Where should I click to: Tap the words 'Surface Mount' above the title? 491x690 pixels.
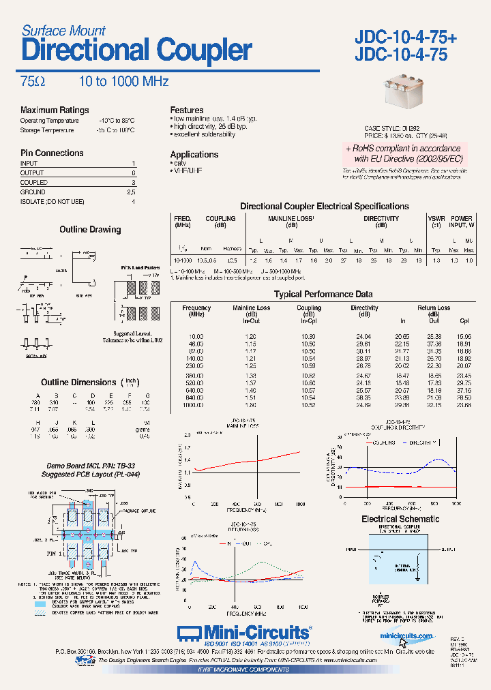click(x=63, y=31)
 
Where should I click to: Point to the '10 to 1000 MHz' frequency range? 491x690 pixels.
click(x=123, y=81)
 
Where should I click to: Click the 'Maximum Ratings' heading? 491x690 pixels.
click(x=55, y=110)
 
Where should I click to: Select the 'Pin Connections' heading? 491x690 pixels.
click(x=52, y=153)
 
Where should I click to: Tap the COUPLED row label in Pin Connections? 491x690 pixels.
click(x=34, y=183)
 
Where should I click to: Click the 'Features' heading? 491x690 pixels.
click(x=187, y=110)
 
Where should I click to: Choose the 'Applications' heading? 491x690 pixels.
click(x=194, y=154)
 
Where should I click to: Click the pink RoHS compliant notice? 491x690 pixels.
click(x=402, y=153)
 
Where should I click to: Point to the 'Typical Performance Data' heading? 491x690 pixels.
click(x=323, y=295)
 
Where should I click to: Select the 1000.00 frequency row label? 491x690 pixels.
click(x=197, y=404)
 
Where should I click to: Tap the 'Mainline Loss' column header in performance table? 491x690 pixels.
click(x=252, y=308)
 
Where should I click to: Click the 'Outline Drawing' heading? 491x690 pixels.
click(x=90, y=230)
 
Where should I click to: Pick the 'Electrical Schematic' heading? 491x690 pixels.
click(x=400, y=519)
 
